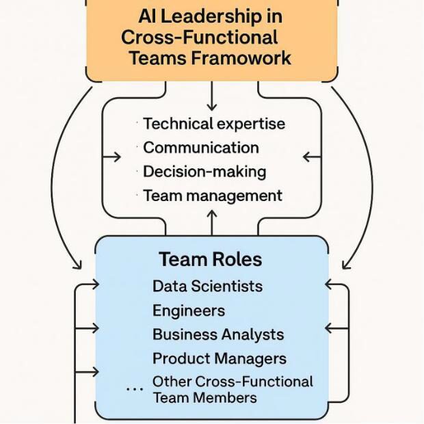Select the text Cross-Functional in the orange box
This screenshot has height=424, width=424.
pyautogui.click(x=200, y=37)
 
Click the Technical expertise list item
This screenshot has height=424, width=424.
pyautogui.click(x=214, y=124)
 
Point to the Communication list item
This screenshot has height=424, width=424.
pyautogui.click(x=201, y=148)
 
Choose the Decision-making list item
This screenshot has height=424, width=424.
pyautogui.click(x=204, y=172)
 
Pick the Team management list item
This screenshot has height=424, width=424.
pyautogui.click(x=213, y=196)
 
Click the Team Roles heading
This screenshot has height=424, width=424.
pyautogui.click(x=211, y=260)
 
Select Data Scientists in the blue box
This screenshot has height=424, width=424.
pyautogui.click(x=207, y=286)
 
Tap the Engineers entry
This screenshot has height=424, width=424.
pyautogui.click(x=188, y=310)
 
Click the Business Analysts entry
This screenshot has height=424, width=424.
pyautogui.click(x=218, y=334)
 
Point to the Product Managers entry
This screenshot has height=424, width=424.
pyautogui.click(x=220, y=358)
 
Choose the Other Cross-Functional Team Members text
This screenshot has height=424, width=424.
pyautogui.click(x=233, y=389)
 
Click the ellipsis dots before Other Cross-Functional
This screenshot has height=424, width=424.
pyautogui.click(x=135, y=389)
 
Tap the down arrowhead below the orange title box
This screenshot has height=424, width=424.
pyautogui.click(x=211, y=107)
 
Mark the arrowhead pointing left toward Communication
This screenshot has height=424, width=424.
pyautogui.click(x=308, y=157)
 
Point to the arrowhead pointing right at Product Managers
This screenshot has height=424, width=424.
pyautogui.click(x=94, y=372)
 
